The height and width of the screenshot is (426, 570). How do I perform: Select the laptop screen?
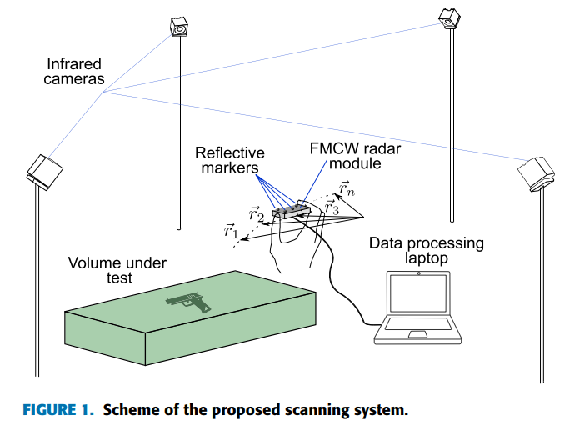(x=418, y=295)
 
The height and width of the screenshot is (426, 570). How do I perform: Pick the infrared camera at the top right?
(x=451, y=17)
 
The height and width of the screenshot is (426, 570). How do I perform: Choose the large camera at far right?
(x=536, y=173)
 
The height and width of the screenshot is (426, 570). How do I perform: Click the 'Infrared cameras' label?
(x=75, y=71)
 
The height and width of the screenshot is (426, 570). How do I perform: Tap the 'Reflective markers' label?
(x=230, y=161)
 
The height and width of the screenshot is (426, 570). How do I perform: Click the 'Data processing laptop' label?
(x=426, y=251)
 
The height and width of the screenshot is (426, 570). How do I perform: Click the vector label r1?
(x=231, y=231)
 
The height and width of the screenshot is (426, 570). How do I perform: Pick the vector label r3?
(x=331, y=207)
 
